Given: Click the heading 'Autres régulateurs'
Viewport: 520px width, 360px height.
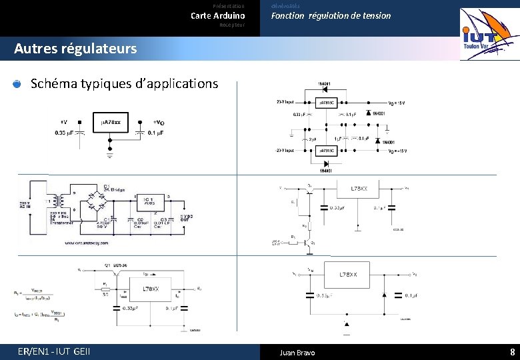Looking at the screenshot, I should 75,49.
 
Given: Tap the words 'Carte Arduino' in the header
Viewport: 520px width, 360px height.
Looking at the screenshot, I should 218,15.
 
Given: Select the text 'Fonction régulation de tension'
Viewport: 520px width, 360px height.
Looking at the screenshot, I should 331,15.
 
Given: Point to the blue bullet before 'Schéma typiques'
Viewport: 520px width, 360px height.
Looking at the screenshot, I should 17,84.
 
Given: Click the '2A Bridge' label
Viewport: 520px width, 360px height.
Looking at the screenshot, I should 115,189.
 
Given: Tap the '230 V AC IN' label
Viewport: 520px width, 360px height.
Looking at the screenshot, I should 23,205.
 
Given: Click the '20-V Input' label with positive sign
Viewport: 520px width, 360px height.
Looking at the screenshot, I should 285,102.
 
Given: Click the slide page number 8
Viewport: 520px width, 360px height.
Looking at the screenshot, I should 512,351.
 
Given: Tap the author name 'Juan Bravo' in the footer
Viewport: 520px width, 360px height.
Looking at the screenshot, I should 297,352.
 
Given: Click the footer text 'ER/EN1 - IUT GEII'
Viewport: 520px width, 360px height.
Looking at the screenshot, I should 55,351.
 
